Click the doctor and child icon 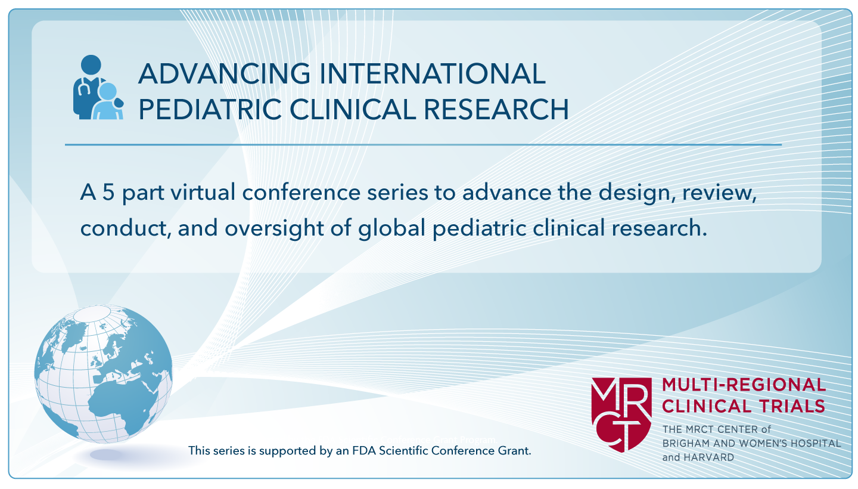[x=98, y=88]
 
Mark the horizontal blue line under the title [x=422, y=144]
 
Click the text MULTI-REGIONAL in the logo [x=744, y=385]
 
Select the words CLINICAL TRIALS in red [x=743, y=407]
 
